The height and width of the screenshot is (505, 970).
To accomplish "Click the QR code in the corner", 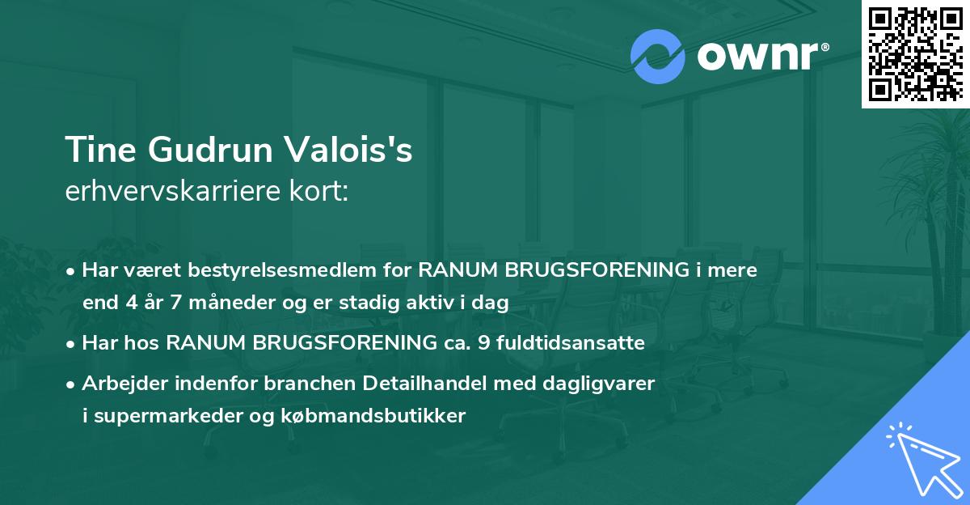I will pos(915,54).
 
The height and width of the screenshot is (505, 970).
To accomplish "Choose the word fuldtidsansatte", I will pos(572,343).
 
